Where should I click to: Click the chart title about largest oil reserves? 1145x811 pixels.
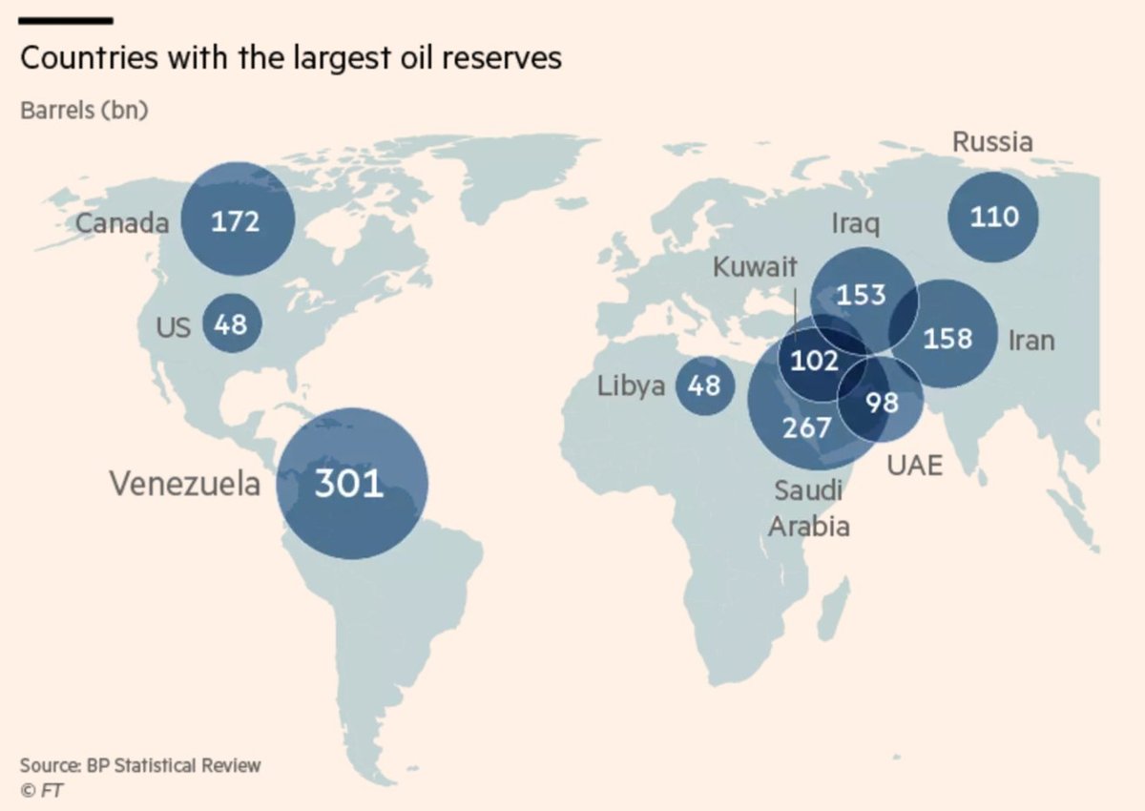(x=291, y=59)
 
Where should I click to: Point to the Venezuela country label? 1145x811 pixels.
(x=184, y=484)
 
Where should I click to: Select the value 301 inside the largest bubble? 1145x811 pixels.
(x=349, y=484)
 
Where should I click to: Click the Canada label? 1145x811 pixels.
(x=122, y=223)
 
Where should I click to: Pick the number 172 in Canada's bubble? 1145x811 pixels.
(x=235, y=221)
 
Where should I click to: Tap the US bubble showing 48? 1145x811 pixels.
(x=230, y=324)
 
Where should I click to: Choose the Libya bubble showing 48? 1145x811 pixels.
(x=703, y=386)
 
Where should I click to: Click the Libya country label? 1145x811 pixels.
(x=631, y=387)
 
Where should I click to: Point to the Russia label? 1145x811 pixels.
(x=992, y=143)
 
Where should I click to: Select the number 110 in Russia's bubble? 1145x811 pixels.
(x=993, y=217)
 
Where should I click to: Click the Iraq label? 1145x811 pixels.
(x=855, y=224)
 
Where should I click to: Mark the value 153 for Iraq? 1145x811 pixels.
(x=862, y=295)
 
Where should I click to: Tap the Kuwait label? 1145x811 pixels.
(x=754, y=267)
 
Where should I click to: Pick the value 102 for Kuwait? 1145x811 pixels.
(x=815, y=362)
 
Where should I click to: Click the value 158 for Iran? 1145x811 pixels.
(x=947, y=338)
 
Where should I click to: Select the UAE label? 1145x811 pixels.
(x=914, y=465)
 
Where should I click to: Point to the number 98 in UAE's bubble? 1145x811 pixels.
(x=883, y=402)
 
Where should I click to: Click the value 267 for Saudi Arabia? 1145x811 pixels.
(x=807, y=426)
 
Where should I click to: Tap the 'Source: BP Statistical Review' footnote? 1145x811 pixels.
(x=139, y=765)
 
